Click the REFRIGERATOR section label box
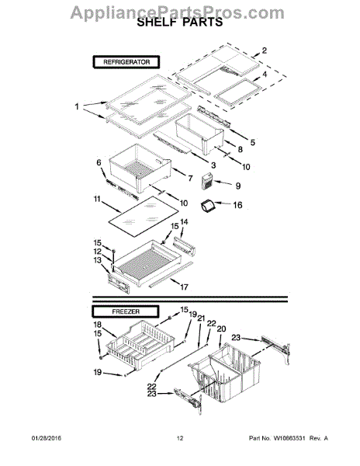tap(126, 61)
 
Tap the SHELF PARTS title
tap(179, 25)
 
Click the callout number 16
tap(238, 205)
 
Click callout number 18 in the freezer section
tap(98, 325)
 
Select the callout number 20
tap(221, 329)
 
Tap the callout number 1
tap(76, 106)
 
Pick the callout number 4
tap(265, 75)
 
